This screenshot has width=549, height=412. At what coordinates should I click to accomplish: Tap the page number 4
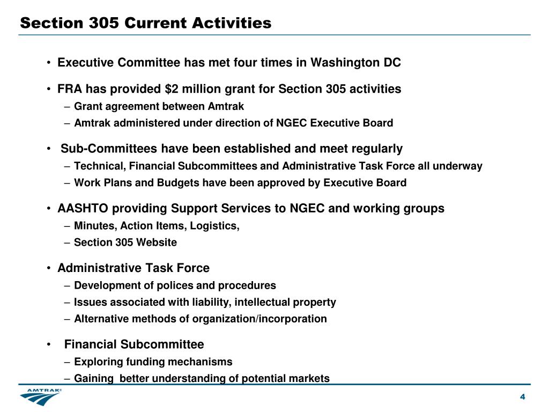(x=522, y=396)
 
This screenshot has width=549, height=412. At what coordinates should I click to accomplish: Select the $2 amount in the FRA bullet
(x=172, y=89)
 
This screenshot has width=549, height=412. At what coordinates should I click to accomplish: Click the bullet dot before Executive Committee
(x=49, y=63)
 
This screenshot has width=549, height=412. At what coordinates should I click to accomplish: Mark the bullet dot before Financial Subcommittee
(x=49, y=344)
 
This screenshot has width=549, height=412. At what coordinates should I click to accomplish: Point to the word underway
(x=462, y=166)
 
